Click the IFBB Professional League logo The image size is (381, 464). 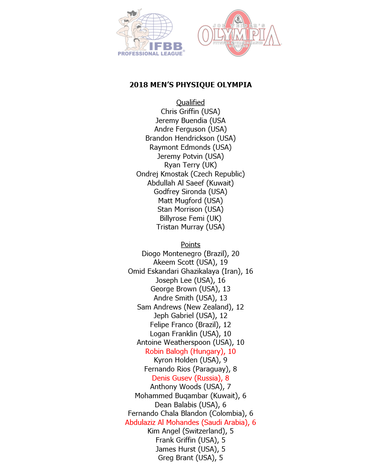(x=150, y=33)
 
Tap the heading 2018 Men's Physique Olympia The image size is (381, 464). (x=190, y=85)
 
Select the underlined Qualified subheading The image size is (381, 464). (x=190, y=103)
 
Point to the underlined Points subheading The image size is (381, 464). (x=190, y=245)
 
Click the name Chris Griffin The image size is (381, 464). (x=190, y=112)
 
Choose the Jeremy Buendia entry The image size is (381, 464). (x=190, y=121)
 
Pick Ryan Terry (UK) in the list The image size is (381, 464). (x=190, y=165)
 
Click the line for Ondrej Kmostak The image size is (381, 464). (x=190, y=174)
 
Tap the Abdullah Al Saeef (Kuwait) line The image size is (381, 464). (x=190, y=183)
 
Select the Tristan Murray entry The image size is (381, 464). (x=190, y=227)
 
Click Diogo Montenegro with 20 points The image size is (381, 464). (x=190, y=254)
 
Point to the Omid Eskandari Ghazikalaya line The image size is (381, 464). (x=190, y=271)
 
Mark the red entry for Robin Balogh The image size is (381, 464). (x=190, y=351)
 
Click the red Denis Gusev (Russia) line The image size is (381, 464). (x=190, y=378)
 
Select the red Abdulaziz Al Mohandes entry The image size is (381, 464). (x=190, y=423)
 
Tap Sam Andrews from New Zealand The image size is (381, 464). (x=190, y=307)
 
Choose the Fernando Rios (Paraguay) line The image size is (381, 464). (x=190, y=369)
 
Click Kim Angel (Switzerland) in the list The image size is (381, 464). (x=190, y=431)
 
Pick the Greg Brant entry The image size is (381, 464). (x=190, y=458)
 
